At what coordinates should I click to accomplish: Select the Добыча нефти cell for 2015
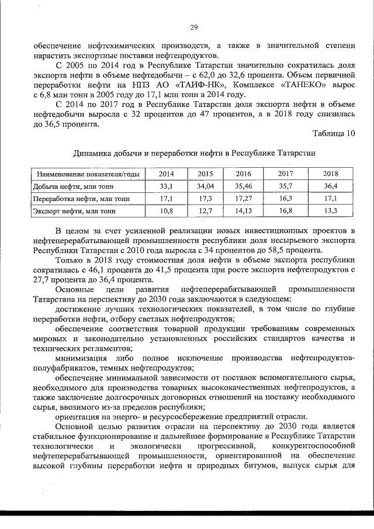click(x=205, y=186)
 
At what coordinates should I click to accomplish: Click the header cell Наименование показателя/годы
click(x=88, y=174)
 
